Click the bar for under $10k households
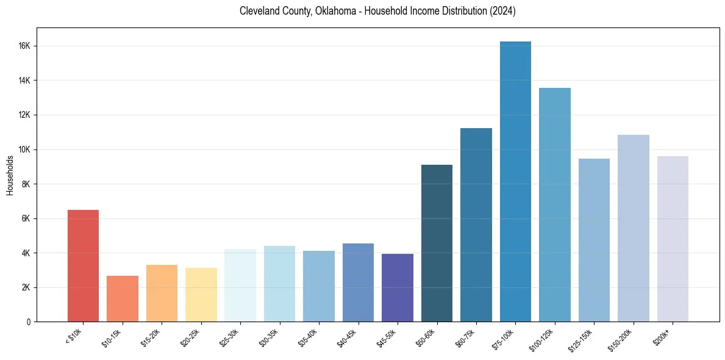click(x=83, y=265)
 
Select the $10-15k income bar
click(x=123, y=298)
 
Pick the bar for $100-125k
click(x=555, y=204)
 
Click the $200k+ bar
click(x=673, y=239)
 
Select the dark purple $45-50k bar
click(x=398, y=287)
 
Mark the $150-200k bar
click(x=634, y=228)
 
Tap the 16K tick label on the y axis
click(x=24, y=46)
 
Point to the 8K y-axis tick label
click(x=26, y=184)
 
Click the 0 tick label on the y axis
click(x=29, y=322)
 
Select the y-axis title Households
click(x=10, y=176)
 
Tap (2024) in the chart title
click(x=501, y=12)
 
